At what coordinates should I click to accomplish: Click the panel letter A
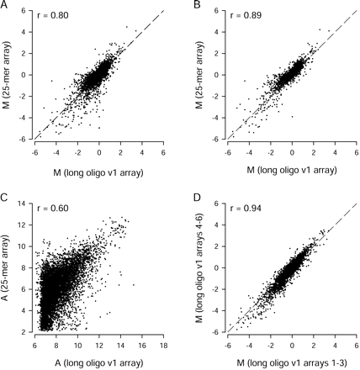pos(5,6)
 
